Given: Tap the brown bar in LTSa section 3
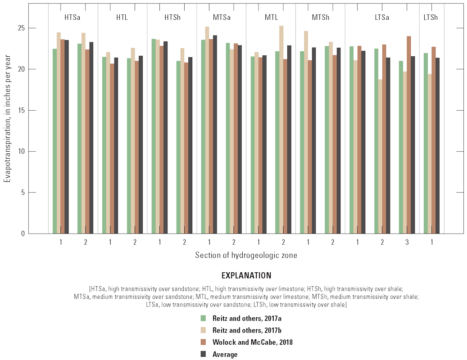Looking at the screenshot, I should (x=409, y=135).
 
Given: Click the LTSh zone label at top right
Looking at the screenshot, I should (x=431, y=18).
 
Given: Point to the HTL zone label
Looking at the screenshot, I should (x=122, y=18).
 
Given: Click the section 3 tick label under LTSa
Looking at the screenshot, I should (x=407, y=242).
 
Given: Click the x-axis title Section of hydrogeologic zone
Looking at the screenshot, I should (x=246, y=255).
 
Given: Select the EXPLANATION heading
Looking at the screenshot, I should (x=246, y=275).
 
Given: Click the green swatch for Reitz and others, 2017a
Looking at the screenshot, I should (x=204, y=318).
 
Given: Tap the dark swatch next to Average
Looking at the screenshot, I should (x=204, y=354).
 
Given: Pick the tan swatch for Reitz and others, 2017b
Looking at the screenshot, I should (x=204, y=330).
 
